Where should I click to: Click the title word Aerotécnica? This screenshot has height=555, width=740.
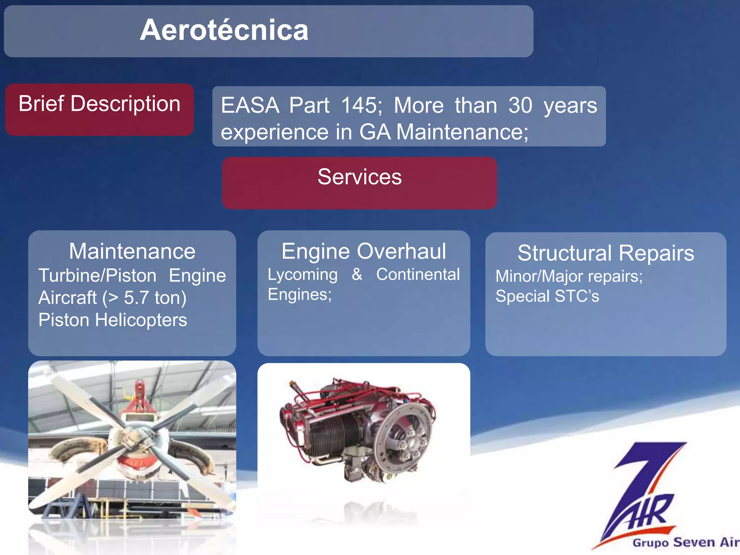click(224, 30)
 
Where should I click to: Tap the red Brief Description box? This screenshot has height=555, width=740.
click(99, 109)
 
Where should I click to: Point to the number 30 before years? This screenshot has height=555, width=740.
click(520, 106)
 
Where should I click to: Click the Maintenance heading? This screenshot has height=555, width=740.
click(132, 251)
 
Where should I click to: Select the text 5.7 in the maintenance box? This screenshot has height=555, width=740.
click(136, 298)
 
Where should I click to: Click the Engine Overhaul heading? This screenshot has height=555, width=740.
click(363, 251)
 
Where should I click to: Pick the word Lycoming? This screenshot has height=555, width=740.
click(302, 275)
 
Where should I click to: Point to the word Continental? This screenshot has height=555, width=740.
click(418, 275)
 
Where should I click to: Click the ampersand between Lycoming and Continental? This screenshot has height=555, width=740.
click(357, 275)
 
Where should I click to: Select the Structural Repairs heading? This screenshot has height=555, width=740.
click(606, 253)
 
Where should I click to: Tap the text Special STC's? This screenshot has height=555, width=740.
click(547, 296)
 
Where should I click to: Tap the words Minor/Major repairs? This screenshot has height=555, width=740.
click(569, 276)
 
